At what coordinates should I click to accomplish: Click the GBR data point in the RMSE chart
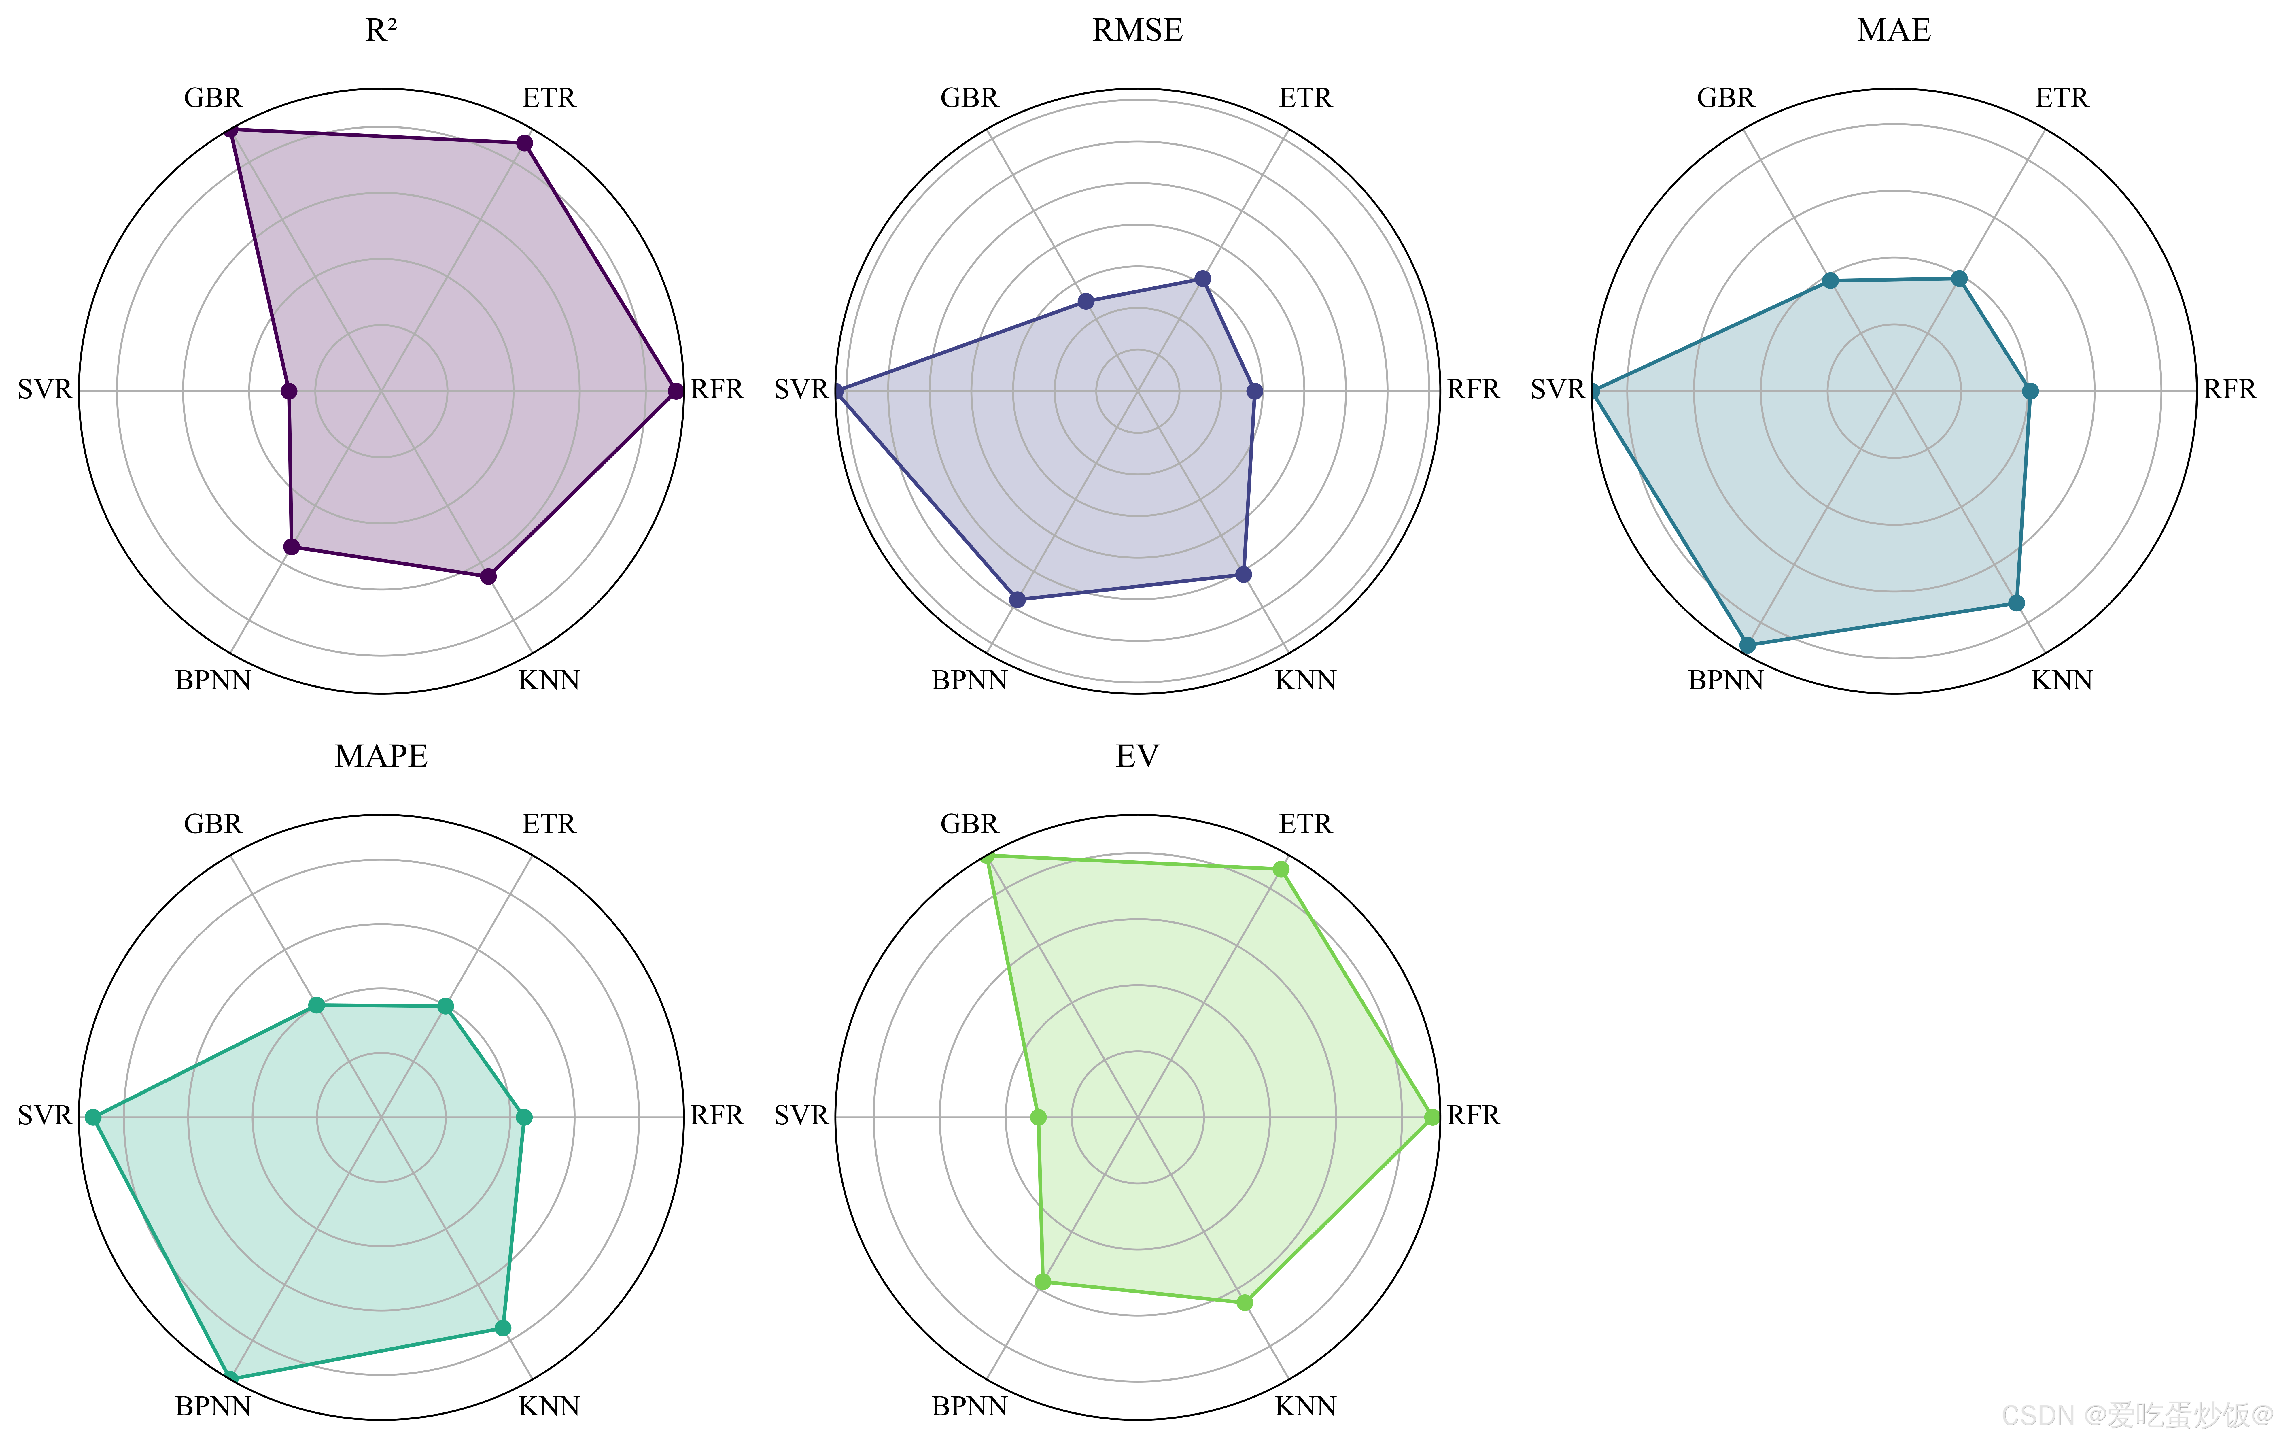point(1086,301)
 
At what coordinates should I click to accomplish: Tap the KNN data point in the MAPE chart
point(503,1327)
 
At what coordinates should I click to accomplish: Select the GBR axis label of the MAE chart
point(1725,98)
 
